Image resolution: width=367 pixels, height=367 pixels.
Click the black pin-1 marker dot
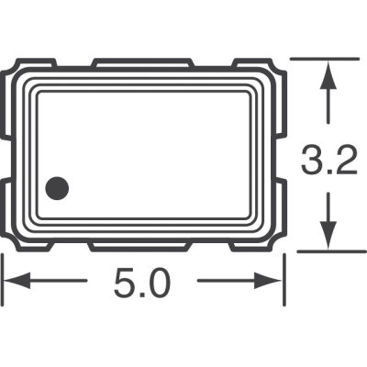(x=58, y=188)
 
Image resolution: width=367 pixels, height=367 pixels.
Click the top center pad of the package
(x=142, y=63)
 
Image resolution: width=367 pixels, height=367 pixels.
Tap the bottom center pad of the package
(x=139, y=246)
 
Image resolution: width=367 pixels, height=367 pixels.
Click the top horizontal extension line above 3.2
(x=326, y=59)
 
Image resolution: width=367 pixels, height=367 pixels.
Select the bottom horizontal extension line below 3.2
(x=326, y=250)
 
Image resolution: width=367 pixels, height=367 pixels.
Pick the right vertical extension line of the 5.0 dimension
(x=283, y=280)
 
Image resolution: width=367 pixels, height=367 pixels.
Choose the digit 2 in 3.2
(x=341, y=165)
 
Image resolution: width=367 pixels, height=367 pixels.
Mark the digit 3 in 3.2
(x=310, y=165)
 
